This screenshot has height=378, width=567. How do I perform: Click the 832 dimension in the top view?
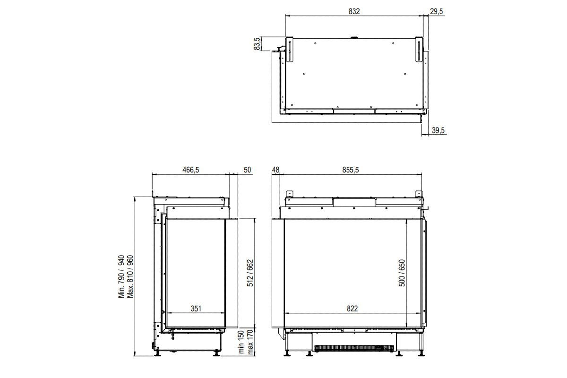tap(353, 11)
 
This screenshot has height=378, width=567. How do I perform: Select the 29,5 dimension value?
tap(436, 11)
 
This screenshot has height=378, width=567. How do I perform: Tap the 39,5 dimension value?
tap(438, 130)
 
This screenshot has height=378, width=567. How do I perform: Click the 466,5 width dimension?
tap(191, 170)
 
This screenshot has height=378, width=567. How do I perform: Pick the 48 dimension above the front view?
tap(276, 170)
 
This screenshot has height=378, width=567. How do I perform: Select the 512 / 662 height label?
tap(250, 273)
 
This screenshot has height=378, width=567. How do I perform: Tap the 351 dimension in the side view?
tap(196, 309)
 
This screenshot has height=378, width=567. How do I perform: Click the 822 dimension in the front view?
tap(352, 309)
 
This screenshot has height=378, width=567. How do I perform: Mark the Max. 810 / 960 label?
tap(131, 276)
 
